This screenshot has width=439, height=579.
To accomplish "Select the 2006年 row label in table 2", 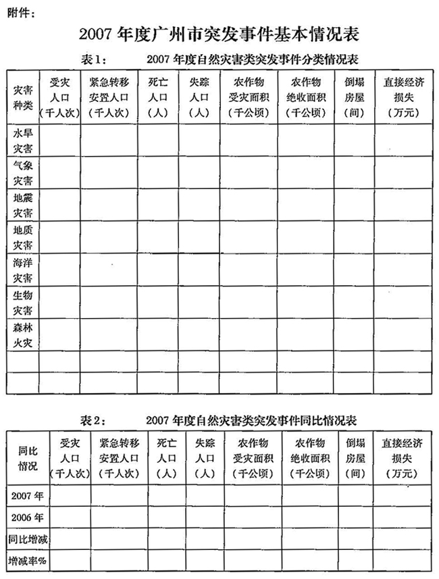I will (x=28, y=518).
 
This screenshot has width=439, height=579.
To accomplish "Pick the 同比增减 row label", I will (x=28, y=540).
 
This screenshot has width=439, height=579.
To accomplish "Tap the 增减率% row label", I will (x=28, y=561).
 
